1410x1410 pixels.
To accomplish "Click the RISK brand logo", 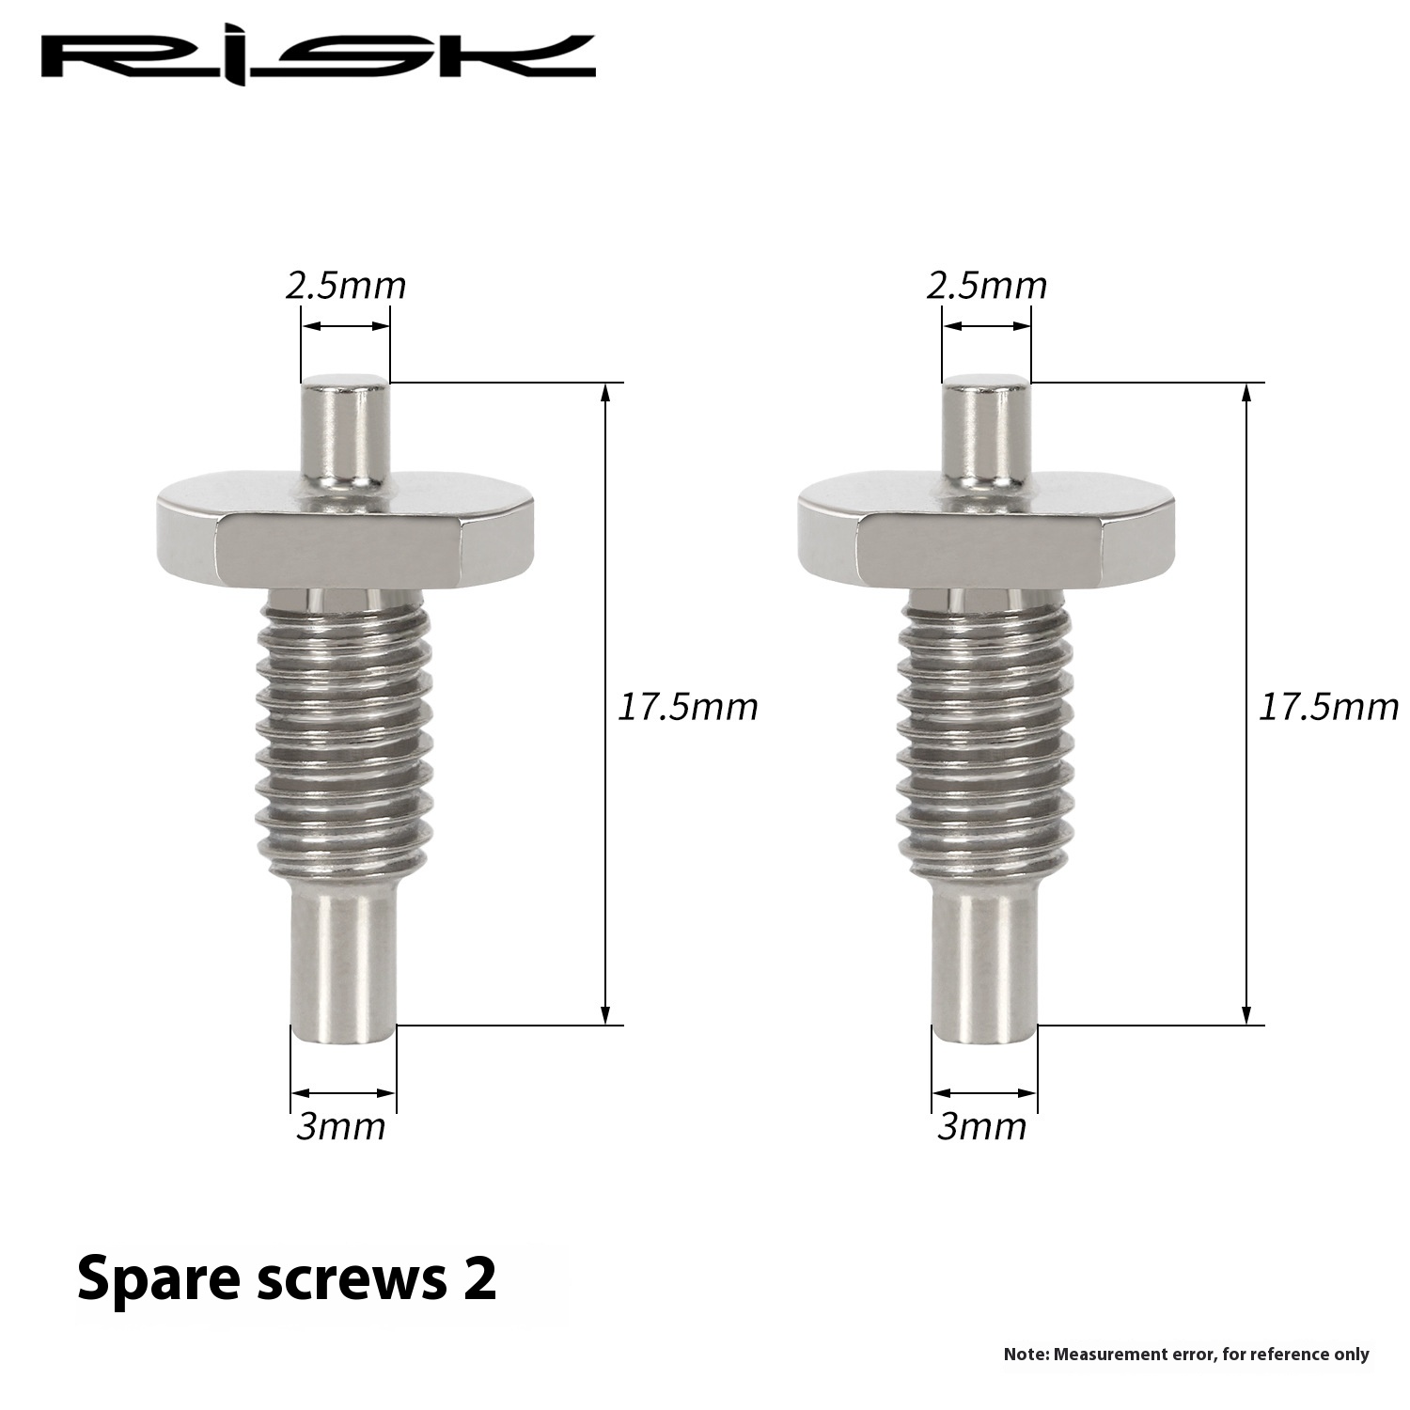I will pos(318,58).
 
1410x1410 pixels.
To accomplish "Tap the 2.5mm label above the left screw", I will pos(346,285).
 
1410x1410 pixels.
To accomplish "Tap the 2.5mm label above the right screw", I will pos(987,285).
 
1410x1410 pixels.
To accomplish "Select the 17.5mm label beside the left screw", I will pos(686,706).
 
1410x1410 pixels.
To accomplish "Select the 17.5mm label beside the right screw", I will pos(1328,706).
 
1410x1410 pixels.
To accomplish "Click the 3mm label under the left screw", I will pos(340,1126).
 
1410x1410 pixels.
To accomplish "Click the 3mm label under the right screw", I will pos(981,1126).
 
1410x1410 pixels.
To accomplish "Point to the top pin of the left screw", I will pos(344,428).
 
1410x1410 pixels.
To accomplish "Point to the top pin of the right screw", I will pos(985,428).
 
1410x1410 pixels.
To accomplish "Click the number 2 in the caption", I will pos(479,1278).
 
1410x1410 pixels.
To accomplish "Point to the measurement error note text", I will pos(1186,1355).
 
